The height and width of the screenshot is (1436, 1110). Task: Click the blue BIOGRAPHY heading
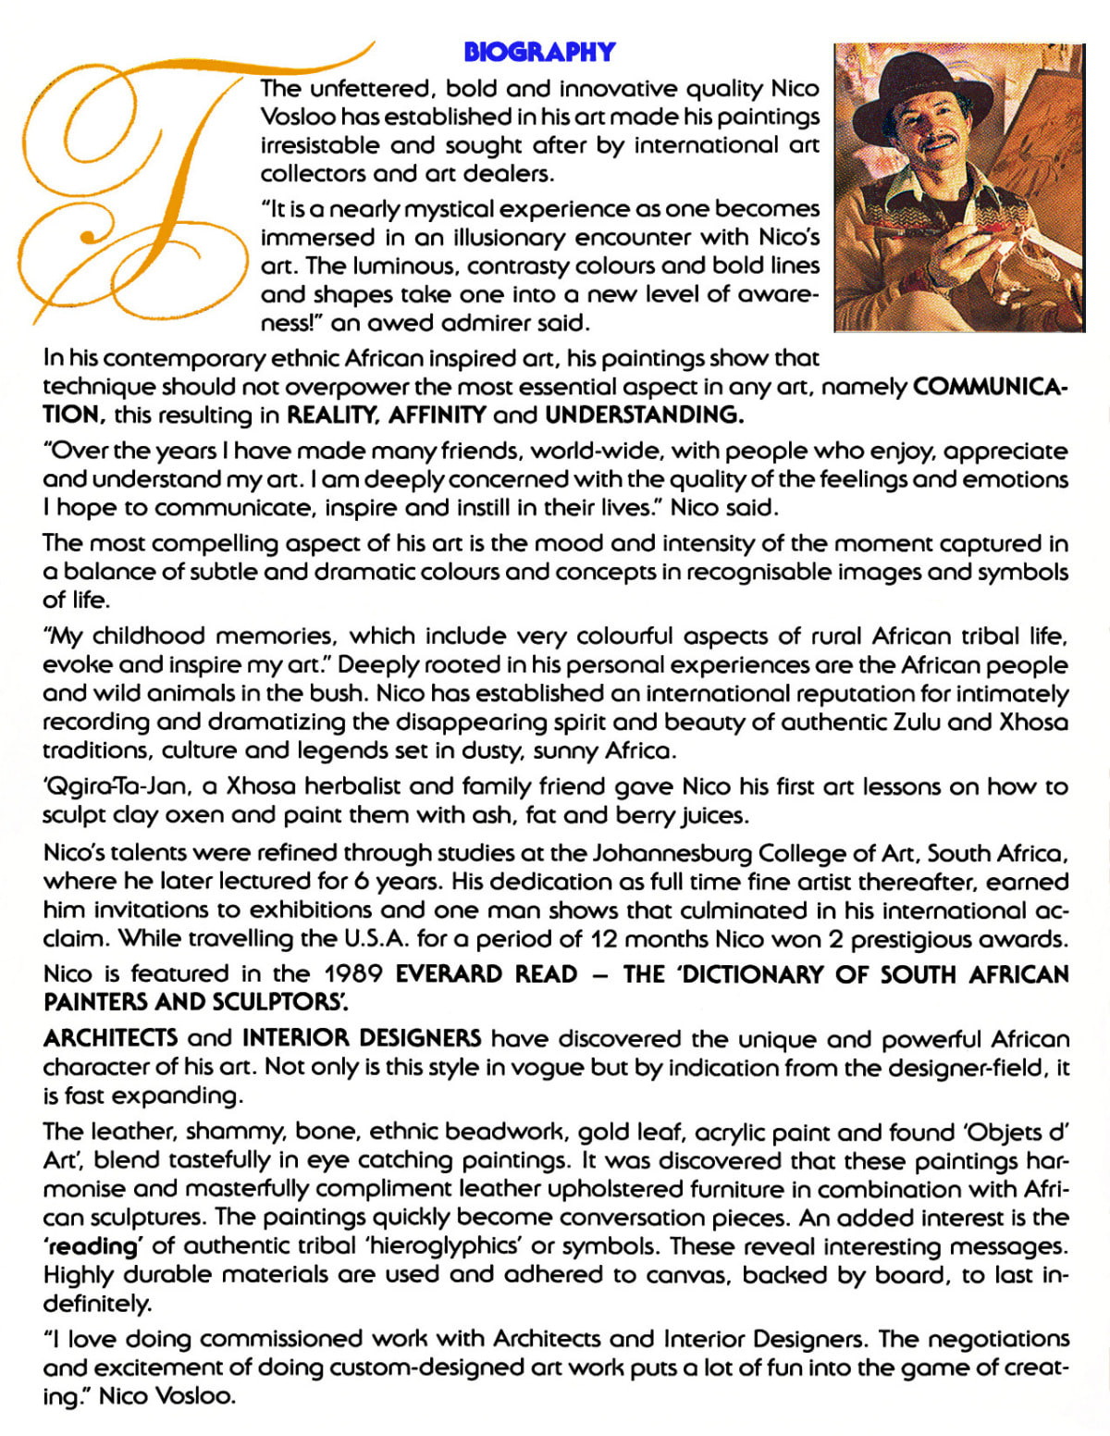coord(539,52)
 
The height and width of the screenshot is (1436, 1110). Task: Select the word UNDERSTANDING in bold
coord(645,415)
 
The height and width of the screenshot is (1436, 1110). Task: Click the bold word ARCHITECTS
coord(111,1038)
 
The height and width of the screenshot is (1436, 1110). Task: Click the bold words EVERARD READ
coord(487,973)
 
